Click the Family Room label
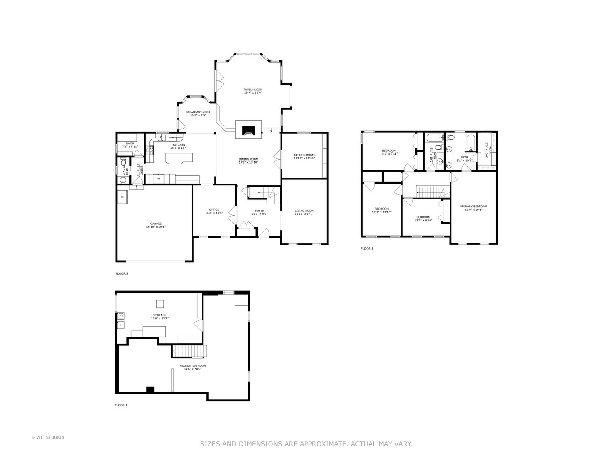253,89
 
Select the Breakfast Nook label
198,112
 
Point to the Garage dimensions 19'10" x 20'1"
156,227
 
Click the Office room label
214,210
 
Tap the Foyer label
259,210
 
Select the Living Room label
304,210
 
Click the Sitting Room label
304,155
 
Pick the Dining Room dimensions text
249,162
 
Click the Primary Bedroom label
473,206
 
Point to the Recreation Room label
192,365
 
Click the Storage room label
160,315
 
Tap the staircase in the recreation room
189,351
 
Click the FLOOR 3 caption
367,249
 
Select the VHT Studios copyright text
48,437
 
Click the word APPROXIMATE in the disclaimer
324,444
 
